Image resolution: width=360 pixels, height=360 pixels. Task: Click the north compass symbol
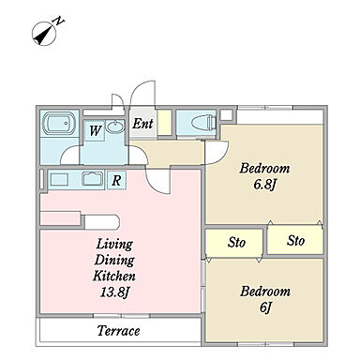click(x=44, y=34)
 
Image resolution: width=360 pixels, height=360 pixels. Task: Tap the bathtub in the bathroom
click(x=59, y=123)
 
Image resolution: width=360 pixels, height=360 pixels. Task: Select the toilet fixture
click(x=203, y=123)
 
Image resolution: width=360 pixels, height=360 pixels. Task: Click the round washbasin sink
click(x=115, y=126)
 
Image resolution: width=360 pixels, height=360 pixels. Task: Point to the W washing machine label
click(x=95, y=130)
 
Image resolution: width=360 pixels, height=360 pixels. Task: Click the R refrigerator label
click(x=116, y=180)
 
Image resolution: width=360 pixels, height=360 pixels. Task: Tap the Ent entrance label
click(x=142, y=124)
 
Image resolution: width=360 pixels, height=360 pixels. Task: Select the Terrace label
click(x=118, y=331)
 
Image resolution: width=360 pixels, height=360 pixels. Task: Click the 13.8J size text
click(x=114, y=292)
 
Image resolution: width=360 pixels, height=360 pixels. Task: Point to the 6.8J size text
click(x=265, y=185)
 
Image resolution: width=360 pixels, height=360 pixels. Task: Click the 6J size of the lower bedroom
click(x=265, y=307)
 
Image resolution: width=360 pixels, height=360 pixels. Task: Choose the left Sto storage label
click(x=236, y=242)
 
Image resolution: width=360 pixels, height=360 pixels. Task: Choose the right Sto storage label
click(x=295, y=241)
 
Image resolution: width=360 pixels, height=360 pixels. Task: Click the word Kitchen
click(x=114, y=276)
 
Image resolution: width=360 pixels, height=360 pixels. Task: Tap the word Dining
click(x=114, y=260)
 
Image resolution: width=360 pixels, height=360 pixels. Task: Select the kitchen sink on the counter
click(x=92, y=179)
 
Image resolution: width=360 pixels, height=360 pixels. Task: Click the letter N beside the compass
click(x=59, y=22)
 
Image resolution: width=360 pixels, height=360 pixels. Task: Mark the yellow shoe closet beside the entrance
click(x=164, y=123)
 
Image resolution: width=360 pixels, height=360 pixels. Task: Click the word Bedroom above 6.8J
click(x=264, y=169)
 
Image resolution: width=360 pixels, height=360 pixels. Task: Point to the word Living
click(x=114, y=244)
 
